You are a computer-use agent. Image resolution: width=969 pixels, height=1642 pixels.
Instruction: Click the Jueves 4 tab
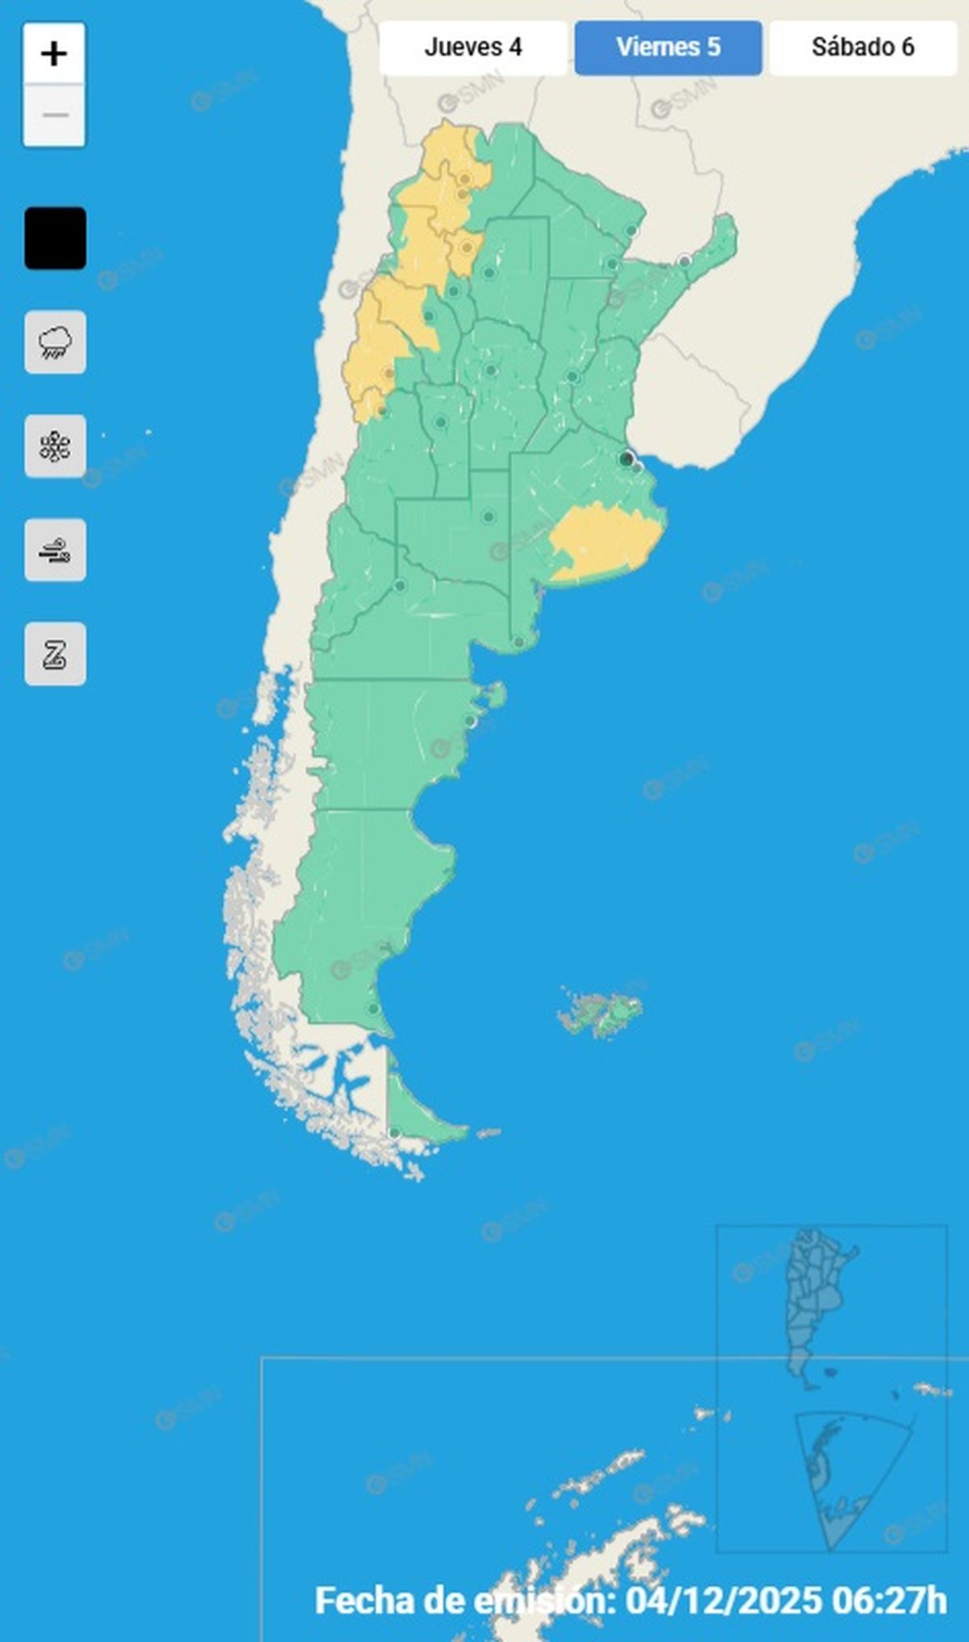pyautogui.click(x=473, y=48)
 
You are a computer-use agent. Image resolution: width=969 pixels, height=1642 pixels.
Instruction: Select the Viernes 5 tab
pyautogui.click(x=668, y=48)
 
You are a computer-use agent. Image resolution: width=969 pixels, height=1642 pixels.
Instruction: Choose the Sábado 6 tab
pyautogui.click(x=862, y=48)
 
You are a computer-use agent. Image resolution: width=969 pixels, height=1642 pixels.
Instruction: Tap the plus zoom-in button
pyautogui.click(x=54, y=54)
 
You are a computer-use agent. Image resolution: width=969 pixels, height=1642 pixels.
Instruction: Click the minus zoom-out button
pyautogui.click(x=54, y=115)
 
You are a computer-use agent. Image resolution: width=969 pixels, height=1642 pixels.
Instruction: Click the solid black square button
pyautogui.click(x=55, y=238)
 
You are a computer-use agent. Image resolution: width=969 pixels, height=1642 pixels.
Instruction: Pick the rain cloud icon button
pyautogui.click(x=55, y=342)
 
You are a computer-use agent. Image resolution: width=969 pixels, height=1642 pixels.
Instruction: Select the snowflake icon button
pyautogui.click(x=55, y=446)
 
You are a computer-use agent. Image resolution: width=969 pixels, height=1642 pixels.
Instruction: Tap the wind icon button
pyautogui.click(x=55, y=551)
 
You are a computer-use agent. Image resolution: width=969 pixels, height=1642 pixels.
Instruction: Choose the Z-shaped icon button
pyautogui.click(x=55, y=654)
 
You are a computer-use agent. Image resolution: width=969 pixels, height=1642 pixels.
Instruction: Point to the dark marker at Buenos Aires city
pyautogui.click(x=626, y=459)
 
